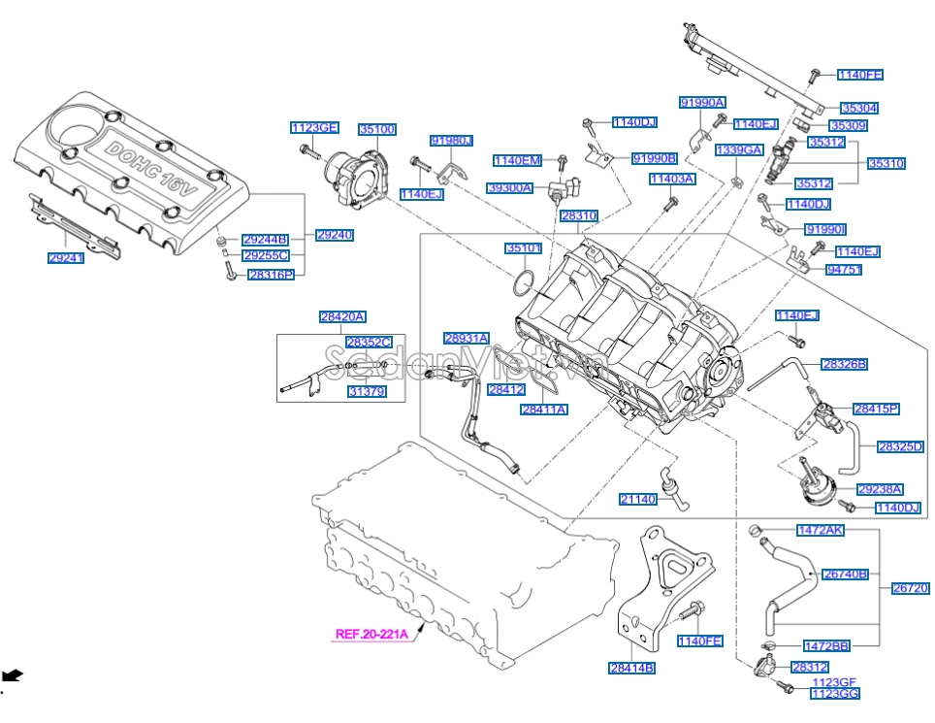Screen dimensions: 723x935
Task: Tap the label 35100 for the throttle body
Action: (377, 128)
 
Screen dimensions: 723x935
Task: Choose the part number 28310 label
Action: (579, 214)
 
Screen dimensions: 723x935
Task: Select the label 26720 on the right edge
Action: (911, 588)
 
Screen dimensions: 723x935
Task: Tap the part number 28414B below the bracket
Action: (631, 668)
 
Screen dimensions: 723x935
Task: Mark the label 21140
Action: (639, 499)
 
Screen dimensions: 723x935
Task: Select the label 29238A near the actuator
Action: (881, 489)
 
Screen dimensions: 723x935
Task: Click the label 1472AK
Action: (821, 530)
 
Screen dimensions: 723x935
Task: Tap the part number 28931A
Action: (467, 338)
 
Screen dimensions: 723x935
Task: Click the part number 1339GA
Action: (740, 150)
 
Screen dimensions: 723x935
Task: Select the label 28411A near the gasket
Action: (544, 410)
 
